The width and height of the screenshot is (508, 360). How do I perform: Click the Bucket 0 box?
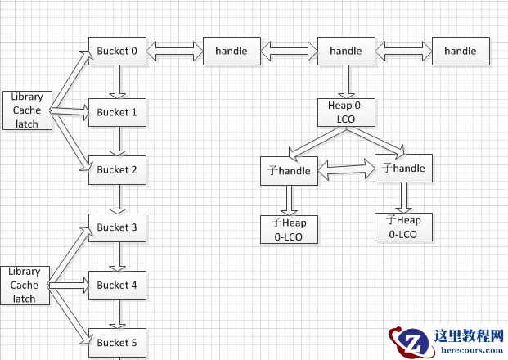click(x=117, y=51)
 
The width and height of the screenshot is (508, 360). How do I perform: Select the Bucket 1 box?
click(x=117, y=112)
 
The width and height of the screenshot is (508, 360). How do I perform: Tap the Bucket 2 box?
click(x=117, y=169)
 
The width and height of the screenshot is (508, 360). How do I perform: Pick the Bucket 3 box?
click(x=117, y=227)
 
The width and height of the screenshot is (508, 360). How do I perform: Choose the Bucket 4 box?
click(x=117, y=285)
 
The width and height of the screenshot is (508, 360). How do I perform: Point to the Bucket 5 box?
click(x=117, y=342)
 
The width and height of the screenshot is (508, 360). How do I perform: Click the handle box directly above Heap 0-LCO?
click(x=345, y=51)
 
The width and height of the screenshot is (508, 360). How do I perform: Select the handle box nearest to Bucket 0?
click(x=232, y=51)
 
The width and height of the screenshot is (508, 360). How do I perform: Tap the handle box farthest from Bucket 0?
click(x=460, y=51)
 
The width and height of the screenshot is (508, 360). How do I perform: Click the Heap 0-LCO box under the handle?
click(x=345, y=112)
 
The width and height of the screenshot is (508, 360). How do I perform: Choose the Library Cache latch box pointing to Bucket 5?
click(x=25, y=285)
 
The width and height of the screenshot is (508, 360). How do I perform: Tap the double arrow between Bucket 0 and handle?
click(x=174, y=52)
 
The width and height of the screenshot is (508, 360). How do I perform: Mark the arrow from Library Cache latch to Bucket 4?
click(x=68, y=286)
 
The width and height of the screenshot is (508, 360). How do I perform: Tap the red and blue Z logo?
click(x=406, y=341)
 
